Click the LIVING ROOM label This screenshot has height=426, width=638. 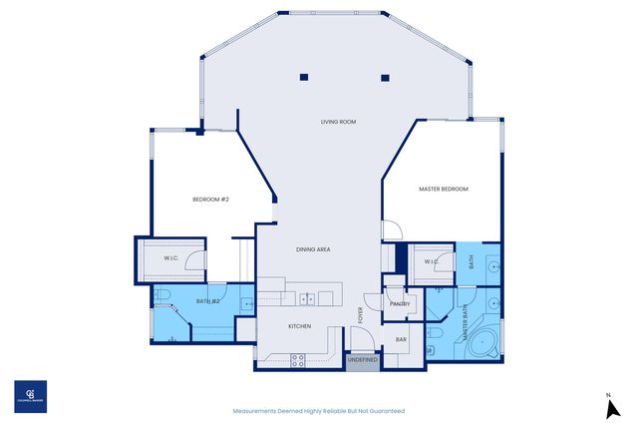pyautogui.click(x=339, y=122)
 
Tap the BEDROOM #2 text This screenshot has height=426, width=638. pyautogui.click(x=210, y=200)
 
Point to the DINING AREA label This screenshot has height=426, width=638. pyautogui.click(x=313, y=248)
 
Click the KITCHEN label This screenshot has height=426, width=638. pyautogui.click(x=300, y=326)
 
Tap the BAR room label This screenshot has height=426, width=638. pyautogui.click(x=402, y=339)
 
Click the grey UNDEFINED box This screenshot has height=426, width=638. pyautogui.click(x=363, y=361)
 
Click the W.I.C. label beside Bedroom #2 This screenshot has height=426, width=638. pyautogui.click(x=171, y=259)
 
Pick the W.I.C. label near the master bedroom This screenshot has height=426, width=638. pyautogui.click(x=432, y=262)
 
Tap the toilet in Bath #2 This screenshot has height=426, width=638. pyautogui.click(x=165, y=293)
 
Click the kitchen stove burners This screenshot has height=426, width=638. pyautogui.click(x=297, y=361)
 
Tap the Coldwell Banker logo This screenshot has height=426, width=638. pyautogui.click(x=29, y=395)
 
